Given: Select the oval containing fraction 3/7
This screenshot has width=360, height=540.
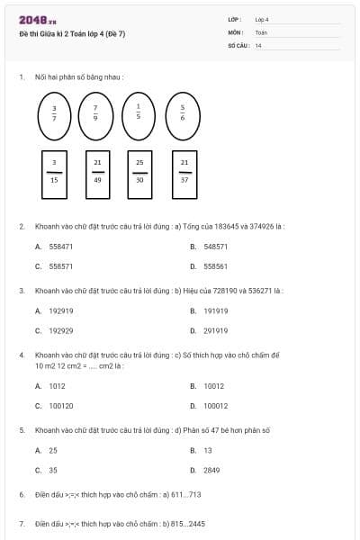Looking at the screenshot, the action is pyautogui.click(x=54, y=117).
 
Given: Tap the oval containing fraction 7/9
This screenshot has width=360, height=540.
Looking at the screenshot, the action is pyautogui.click(x=95, y=117).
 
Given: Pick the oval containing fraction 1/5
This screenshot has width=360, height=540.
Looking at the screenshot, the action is pyautogui.click(x=139, y=117).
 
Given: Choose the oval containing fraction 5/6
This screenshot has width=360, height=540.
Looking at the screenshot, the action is pyautogui.click(x=183, y=117).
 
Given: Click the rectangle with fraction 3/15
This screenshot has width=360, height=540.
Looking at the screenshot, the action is pyautogui.click(x=54, y=175).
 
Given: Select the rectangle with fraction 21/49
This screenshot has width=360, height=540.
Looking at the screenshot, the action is pyautogui.click(x=97, y=175).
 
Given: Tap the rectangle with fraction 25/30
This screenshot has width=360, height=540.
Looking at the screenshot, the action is pyautogui.click(x=139, y=175).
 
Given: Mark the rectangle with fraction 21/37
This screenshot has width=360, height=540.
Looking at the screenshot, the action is pyautogui.click(x=184, y=175).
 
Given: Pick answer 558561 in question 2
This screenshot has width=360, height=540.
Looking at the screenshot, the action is pyautogui.click(x=215, y=266).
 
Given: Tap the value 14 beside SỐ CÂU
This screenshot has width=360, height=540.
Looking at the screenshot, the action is pyautogui.click(x=258, y=44).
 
